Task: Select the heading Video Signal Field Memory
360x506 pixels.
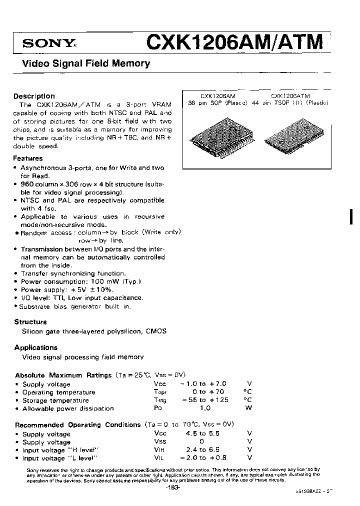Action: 84,64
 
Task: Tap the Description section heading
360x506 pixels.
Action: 34,96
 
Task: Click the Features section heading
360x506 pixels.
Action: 28,158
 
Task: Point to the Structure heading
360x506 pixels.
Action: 30,322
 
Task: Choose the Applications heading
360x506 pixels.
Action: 36,347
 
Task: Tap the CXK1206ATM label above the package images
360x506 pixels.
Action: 290,95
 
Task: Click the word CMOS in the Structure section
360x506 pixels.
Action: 156,331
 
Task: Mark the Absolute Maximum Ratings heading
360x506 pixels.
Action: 63,375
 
